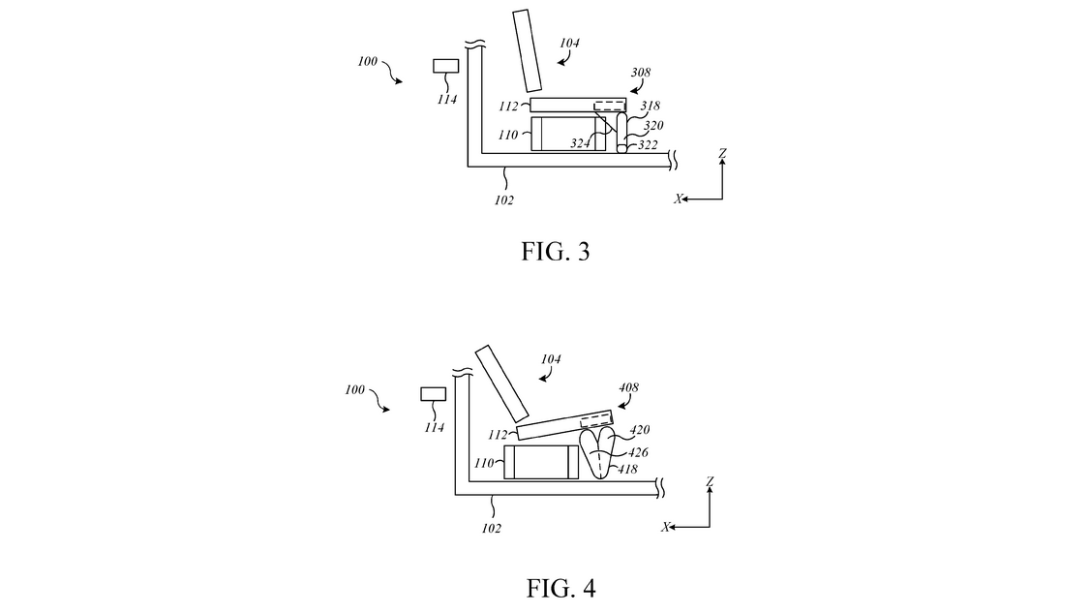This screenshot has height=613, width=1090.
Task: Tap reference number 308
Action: pyautogui.click(x=640, y=73)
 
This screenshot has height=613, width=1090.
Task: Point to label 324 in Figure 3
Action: pyautogui.click(x=580, y=144)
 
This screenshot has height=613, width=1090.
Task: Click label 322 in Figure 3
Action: pyautogui.click(x=648, y=145)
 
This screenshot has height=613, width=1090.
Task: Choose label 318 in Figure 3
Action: pyautogui.click(x=650, y=107)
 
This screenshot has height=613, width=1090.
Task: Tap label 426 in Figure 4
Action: pyautogui.click(x=637, y=452)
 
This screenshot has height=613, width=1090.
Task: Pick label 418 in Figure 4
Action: pyautogui.click(x=627, y=470)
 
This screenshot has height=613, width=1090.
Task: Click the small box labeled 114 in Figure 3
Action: pyautogui.click(x=445, y=66)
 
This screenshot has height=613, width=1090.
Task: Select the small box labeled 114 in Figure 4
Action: pyautogui.click(x=433, y=394)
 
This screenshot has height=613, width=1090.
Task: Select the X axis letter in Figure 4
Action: pyautogui.click(x=666, y=527)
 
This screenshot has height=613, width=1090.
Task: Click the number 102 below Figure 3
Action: pyautogui.click(x=504, y=199)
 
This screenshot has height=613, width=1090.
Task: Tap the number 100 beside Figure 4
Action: pyautogui.click(x=355, y=389)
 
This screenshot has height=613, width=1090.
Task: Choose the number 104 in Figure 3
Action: pyautogui.click(x=571, y=43)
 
